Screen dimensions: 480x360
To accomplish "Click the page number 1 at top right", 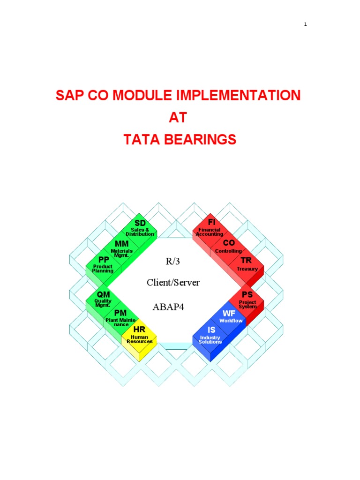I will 305,24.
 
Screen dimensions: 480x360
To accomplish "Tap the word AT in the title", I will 178,118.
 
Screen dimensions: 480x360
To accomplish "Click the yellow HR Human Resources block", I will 140,336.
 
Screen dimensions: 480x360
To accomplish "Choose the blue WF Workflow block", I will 230,317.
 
